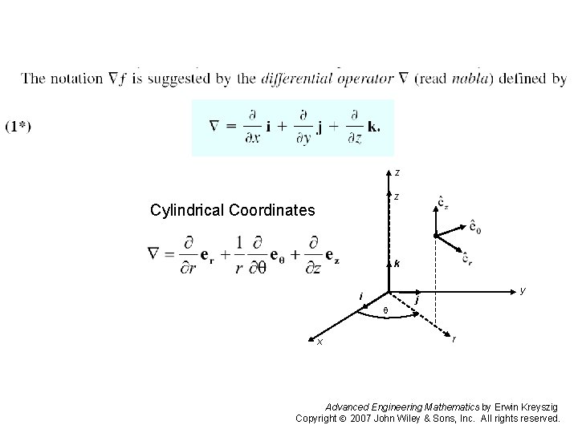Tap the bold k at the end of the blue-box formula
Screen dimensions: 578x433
pyautogui.click(x=375, y=127)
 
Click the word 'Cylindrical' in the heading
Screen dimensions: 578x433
pyautogui.click(x=188, y=211)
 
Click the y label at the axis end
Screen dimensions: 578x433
pyautogui.click(x=523, y=289)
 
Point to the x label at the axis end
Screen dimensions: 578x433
pyautogui.click(x=320, y=342)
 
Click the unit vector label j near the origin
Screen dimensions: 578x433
pyautogui.click(x=417, y=300)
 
